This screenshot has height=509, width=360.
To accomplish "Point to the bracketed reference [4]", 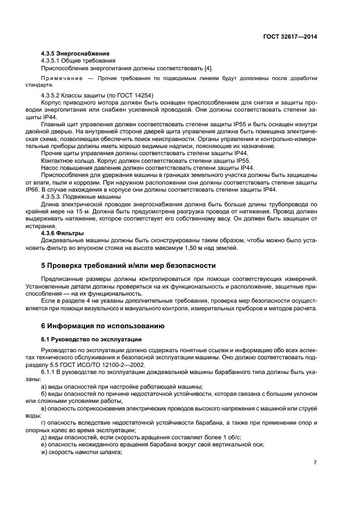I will (208, 68).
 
